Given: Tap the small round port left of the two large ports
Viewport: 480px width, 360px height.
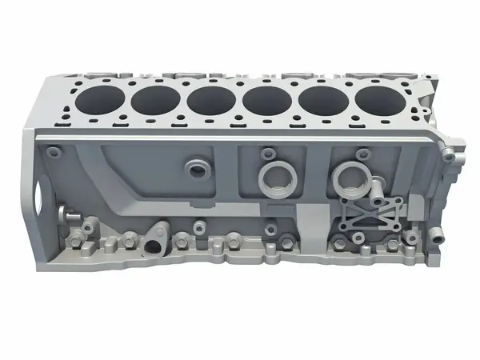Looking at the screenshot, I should point(197,169).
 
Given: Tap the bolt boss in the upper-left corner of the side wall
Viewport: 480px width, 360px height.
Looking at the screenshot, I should point(54,151).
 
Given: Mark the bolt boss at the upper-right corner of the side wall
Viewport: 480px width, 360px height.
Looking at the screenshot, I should point(449,157).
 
